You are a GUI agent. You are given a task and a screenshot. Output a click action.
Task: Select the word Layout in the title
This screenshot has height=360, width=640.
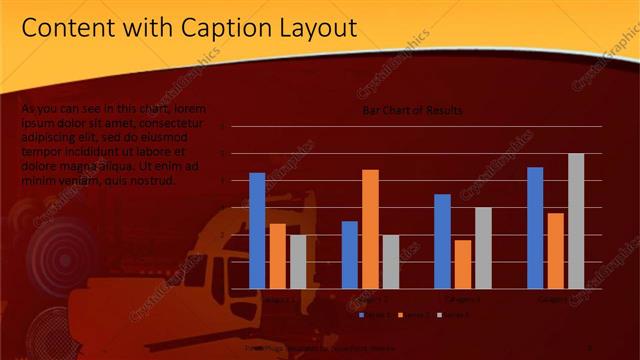click(310, 28)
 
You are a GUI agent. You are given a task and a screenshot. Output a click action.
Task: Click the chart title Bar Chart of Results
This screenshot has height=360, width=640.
click(412, 110)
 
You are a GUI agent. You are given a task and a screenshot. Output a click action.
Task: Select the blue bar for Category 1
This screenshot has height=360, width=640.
click(257, 230)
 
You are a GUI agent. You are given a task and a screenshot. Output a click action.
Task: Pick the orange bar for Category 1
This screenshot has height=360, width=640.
click(277, 256)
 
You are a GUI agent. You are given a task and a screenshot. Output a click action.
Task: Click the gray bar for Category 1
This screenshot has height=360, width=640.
click(297, 261)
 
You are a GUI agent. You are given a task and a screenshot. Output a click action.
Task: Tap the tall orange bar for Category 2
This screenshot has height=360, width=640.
click(370, 228)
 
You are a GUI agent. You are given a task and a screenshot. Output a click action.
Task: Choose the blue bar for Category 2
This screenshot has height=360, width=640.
click(350, 254)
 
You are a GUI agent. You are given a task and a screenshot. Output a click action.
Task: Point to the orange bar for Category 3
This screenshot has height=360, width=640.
click(463, 264)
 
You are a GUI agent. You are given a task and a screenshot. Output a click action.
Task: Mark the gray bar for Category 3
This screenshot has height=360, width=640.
click(483, 247)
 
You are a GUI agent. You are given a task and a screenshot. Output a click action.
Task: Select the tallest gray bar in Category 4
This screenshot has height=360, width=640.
click(576, 220)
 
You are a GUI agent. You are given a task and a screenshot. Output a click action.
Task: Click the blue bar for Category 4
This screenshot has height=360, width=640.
click(535, 227)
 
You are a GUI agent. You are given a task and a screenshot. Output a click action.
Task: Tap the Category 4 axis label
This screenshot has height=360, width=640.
click(555, 298)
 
